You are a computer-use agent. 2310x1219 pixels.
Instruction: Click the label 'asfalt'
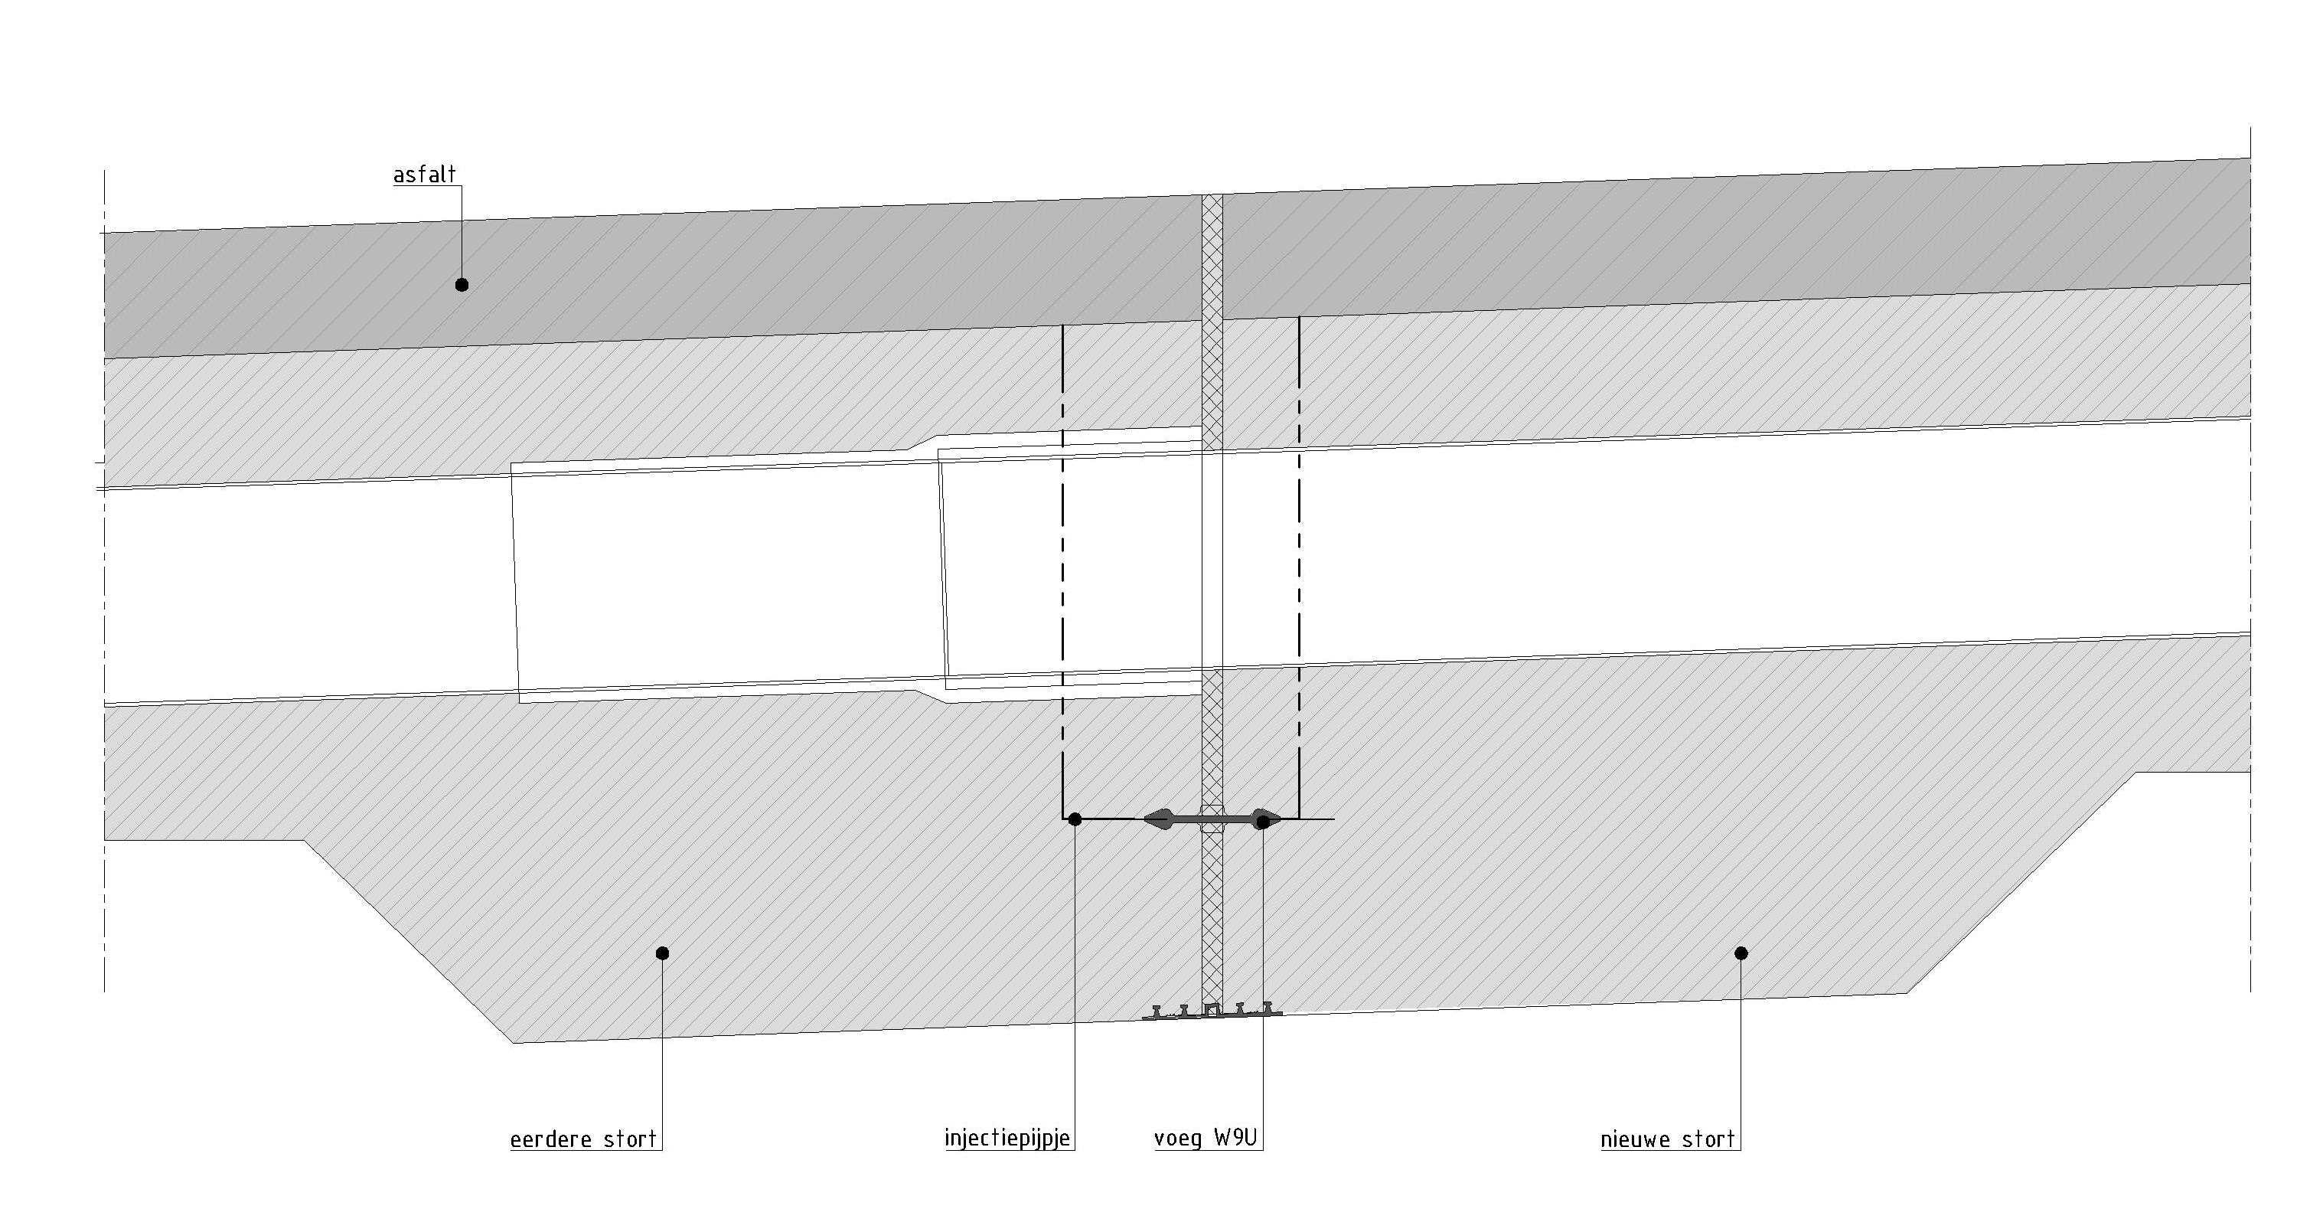click(x=424, y=174)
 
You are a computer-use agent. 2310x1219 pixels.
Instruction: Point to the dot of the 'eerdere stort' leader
click(x=663, y=953)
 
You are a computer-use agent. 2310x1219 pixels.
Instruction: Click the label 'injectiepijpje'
click(x=1007, y=1139)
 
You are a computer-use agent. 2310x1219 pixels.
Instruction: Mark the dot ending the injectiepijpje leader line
click(x=1075, y=819)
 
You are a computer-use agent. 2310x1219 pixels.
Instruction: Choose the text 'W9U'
click(x=1235, y=1139)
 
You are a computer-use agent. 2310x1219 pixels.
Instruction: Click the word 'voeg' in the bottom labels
click(x=1178, y=1140)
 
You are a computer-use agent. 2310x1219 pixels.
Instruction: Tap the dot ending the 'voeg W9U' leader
click(x=1263, y=821)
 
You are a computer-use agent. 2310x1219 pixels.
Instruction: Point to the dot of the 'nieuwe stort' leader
click(x=1741, y=953)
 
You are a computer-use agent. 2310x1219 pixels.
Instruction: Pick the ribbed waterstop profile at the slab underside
click(x=1212, y=1011)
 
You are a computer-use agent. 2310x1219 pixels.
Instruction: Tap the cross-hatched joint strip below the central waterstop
click(x=1212, y=915)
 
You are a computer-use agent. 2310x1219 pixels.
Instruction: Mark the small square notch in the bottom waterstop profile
click(x=1212, y=1009)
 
